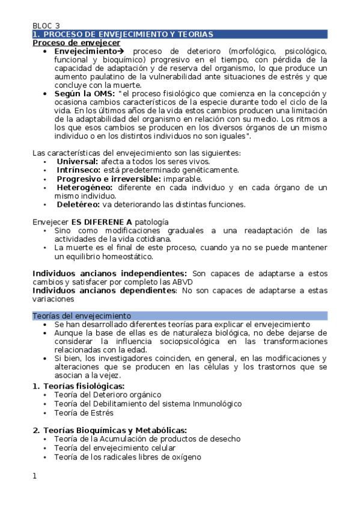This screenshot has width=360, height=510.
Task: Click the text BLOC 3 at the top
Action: [x=46, y=26]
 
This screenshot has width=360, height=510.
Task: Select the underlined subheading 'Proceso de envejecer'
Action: [x=76, y=43]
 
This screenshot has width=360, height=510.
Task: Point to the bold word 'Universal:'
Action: [x=78, y=162]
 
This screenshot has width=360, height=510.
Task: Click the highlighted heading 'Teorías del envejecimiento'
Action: [x=81, y=316]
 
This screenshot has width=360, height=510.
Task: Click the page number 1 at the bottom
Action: [x=35, y=476]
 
